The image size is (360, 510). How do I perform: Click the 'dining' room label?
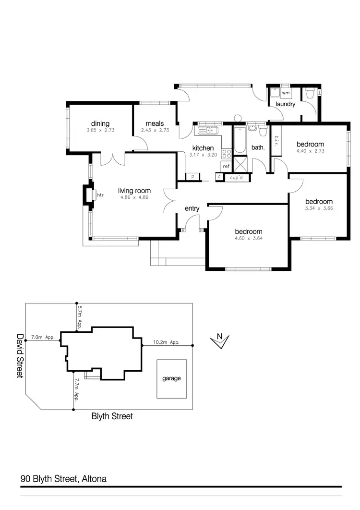(101, 123)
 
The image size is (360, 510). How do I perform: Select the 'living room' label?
(134, 191)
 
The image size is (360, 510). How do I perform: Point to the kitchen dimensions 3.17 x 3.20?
(203, 155)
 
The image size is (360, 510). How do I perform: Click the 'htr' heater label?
(100, 195)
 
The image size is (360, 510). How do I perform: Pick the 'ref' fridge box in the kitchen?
(226, 166)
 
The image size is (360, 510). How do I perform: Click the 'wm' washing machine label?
(286, 93)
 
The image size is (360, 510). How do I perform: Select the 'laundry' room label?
(286, 104)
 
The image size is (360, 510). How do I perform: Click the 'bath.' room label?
(258, 147)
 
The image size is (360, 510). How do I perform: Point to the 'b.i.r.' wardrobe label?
(276, 141)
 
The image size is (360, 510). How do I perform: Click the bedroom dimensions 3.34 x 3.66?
(319, 208)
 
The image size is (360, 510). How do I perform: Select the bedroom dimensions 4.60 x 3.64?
(248, 238)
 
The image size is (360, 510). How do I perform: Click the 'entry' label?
(192, 208)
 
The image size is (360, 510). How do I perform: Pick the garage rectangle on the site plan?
(171, 378)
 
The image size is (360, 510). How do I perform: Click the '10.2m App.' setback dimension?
(166, 342)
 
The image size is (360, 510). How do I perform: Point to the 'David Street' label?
(20, 356)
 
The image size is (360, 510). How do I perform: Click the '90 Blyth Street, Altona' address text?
(63, 479)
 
